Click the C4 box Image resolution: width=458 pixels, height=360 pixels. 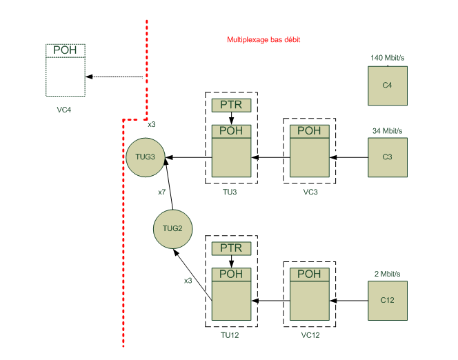387,86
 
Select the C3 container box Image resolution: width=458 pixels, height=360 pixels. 387,157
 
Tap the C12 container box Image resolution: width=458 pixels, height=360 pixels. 387,300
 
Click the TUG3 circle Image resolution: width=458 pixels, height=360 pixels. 145,157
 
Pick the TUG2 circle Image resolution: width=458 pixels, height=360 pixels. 172,228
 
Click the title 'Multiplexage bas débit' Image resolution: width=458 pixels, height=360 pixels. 263,40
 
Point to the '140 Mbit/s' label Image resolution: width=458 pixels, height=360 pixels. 386,58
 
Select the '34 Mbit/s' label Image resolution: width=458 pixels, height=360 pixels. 386,130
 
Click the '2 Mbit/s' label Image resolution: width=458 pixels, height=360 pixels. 386,274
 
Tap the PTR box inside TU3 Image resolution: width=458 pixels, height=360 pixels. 231,105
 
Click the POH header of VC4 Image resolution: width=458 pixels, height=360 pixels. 65,50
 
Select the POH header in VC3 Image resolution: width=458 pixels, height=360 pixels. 309,131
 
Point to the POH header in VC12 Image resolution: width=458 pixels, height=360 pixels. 309,274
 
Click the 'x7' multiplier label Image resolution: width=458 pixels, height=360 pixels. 162,192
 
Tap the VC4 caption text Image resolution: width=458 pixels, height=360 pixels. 64,110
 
